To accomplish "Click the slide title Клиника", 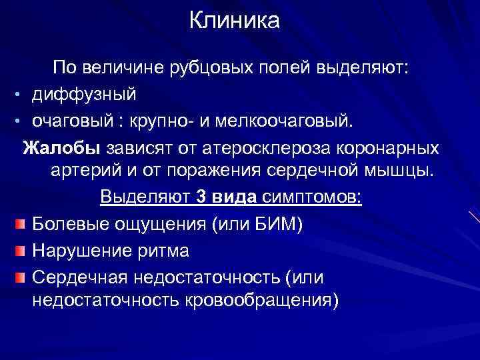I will click(235, 21).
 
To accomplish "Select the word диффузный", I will click(83, 93).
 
